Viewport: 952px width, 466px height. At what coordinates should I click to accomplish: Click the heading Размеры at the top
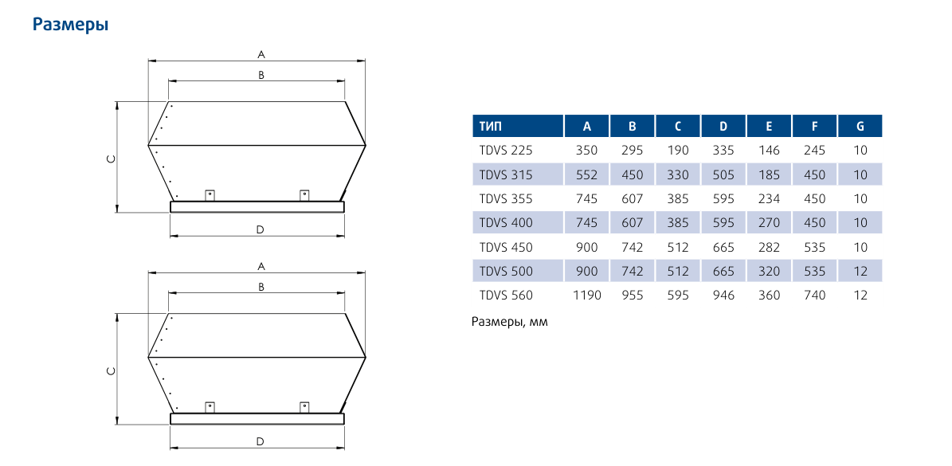tap(70, 25)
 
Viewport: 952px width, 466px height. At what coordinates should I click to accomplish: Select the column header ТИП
tap(492, 126)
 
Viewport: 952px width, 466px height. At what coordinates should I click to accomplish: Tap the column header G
tap(860, 126)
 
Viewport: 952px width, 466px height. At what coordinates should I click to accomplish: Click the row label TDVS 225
tap(506, 150)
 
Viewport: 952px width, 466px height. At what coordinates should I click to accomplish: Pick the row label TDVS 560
tap(506, 296)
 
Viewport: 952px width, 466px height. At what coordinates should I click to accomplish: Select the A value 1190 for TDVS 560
tap(586, 296)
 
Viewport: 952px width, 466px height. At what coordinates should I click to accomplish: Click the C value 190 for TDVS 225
tap(678, 150)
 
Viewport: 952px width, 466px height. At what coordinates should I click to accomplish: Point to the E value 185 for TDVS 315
tap(769, 174)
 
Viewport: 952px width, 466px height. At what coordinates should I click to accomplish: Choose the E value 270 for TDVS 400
tap(769, 223)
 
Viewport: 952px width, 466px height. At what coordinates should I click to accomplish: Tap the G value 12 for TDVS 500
tap(860, 272)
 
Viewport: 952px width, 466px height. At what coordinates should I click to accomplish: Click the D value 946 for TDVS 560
tap(723, 296)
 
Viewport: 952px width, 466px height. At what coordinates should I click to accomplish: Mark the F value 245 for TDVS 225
tap(814, 150)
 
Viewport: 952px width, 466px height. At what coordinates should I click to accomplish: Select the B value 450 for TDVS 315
tap(632, 174)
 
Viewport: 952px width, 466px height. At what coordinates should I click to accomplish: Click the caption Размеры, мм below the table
tap(510, 323)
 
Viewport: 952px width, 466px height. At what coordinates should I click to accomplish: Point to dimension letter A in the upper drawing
tap(261, 55)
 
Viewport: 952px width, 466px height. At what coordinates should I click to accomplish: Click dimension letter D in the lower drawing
tap(260, 441)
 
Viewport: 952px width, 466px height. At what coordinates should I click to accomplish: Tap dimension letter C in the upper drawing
tap(111, 159)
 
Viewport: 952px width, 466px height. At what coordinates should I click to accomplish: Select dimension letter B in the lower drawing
tap(261, 287)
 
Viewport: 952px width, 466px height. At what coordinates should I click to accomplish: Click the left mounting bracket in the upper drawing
tap(210, 195)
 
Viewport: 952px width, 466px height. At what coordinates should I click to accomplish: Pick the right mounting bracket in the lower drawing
tap(304, 407)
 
